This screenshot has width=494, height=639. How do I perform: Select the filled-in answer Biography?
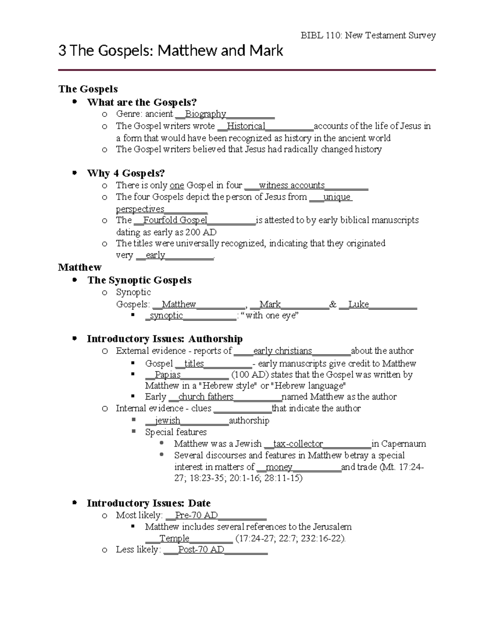[205, 114]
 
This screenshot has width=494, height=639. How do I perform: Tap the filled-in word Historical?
[246, 126]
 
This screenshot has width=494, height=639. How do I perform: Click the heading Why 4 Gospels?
[126, 173]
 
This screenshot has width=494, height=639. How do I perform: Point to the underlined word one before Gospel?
[177, 186]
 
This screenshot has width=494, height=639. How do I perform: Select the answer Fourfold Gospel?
[175, 220]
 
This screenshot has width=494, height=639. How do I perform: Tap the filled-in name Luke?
[358, 304]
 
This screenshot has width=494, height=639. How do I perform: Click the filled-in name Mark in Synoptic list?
[270, 304]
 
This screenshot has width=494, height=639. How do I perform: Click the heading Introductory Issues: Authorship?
[165, 339]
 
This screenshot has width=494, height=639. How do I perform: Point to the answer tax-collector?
[298, 444]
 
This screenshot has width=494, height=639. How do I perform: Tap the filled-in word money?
[279, 467]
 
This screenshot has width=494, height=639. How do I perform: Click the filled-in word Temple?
[174, 539]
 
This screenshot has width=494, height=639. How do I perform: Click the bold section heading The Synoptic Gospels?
[140, 280]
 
